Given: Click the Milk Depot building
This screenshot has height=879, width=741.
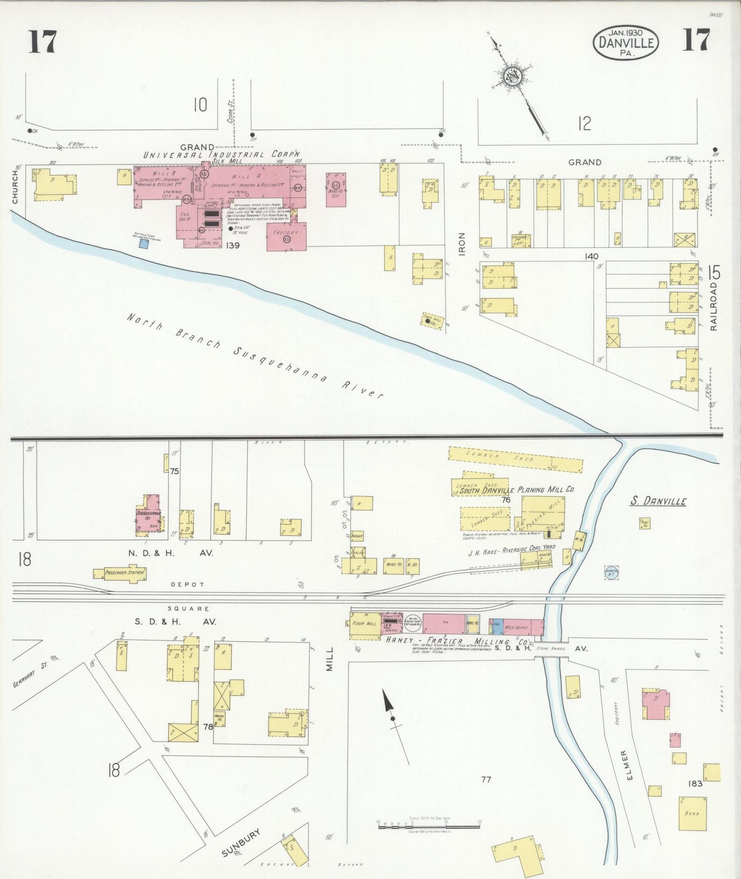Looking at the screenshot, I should point(516,627).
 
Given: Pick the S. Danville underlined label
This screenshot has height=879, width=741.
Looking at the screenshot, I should point(658,501).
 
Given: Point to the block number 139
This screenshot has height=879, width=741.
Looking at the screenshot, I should point(232,246).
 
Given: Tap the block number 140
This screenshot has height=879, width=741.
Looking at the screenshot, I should point(591,256).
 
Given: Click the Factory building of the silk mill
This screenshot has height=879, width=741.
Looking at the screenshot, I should point(286,236).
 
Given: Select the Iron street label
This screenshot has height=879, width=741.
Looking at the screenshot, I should point(462,244).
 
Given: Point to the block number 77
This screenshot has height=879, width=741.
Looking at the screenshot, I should point(486,780).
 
